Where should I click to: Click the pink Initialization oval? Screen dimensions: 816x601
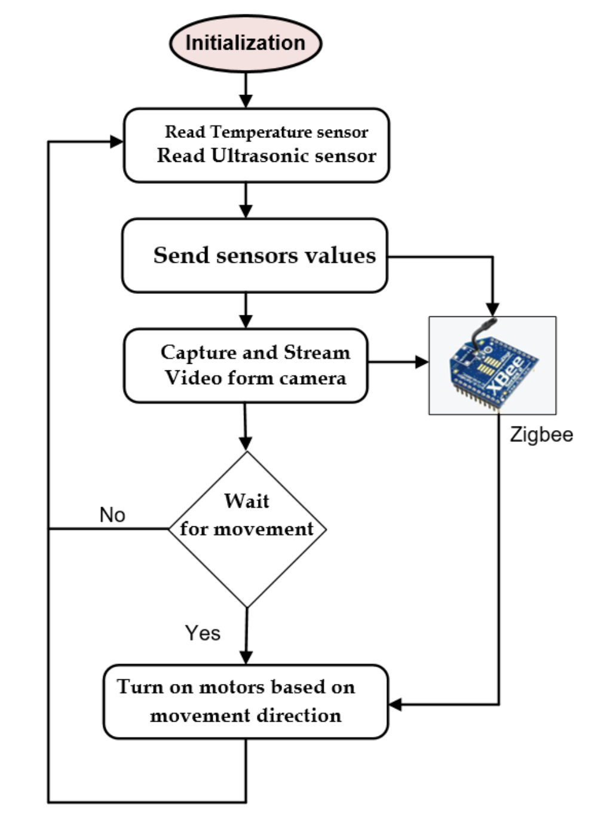pos(246,43)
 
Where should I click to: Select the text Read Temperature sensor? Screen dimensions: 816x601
pos(266,131)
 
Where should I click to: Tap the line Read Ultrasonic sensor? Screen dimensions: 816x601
pos(266,156)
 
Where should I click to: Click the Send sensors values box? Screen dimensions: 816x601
pos(255,256)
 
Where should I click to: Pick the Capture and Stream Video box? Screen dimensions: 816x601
pos(246,365)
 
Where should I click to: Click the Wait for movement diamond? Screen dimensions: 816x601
pos(247,529)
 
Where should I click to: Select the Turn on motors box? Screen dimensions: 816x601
pos(246,702)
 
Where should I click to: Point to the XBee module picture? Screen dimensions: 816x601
pos(493,366)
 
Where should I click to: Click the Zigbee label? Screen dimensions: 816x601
pos(541,434)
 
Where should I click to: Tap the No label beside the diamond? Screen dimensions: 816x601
pos(112,515)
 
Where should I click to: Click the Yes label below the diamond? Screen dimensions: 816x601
pos(203,633)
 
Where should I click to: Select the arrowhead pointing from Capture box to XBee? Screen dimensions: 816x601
pos(422,361)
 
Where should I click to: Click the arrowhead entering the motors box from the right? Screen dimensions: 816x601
pos(395,704)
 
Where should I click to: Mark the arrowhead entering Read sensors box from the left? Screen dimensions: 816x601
pos(116,142)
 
